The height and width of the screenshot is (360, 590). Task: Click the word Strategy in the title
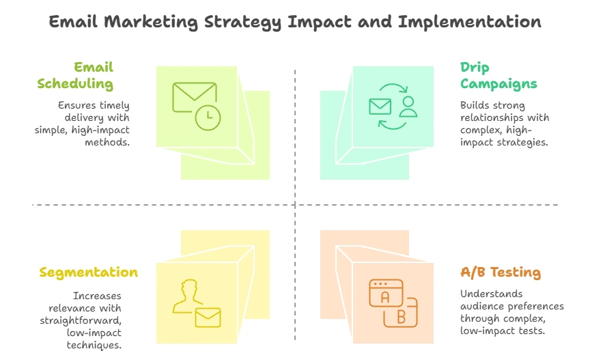tap(242, 23)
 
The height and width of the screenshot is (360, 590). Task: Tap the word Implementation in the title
tap(470, 22)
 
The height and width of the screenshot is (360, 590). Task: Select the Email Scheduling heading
tap(75, 76)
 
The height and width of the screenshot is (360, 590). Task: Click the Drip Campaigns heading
tap(498, 76)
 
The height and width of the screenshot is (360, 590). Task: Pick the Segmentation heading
tap(88, 273)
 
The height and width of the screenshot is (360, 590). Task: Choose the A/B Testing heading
tap(501, 272)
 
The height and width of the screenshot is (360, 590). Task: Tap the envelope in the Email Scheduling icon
tap(194, 97)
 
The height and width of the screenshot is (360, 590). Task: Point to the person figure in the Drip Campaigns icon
tap(408, 107)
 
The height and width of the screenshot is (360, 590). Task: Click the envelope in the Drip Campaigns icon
tap(380, 107)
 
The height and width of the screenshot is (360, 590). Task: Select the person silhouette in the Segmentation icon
tap(187, 296)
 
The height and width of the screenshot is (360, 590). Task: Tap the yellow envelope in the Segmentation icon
tap(208, 318)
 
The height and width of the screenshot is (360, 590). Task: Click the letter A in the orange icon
tap(384, 298)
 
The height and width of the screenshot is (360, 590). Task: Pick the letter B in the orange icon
tap(401, 317)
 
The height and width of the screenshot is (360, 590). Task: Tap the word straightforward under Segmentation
tap(81, 320)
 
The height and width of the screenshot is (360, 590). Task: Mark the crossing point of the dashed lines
tap(295, 205)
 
